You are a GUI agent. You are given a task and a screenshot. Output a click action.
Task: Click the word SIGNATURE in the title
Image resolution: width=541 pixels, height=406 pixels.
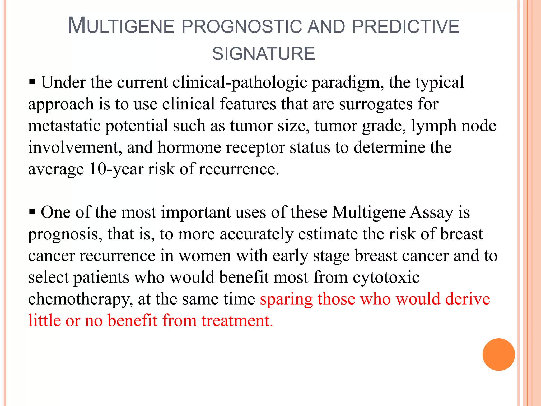point(264,54)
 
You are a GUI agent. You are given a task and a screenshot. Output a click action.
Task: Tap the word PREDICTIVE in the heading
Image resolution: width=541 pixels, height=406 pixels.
point(406,27)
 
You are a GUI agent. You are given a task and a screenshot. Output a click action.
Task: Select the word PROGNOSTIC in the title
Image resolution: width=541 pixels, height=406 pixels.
point(242,27)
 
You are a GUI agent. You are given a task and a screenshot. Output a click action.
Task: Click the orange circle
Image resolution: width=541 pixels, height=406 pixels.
point(498,354)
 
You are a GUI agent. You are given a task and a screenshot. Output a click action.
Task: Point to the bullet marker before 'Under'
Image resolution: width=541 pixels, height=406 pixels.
point(32,82)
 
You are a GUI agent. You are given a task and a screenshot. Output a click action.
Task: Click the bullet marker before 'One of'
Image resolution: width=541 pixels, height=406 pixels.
point(32,211)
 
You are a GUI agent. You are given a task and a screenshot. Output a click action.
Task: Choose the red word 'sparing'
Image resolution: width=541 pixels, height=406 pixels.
point(286,300)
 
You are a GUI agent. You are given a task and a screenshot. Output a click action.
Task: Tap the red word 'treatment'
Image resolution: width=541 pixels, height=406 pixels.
point(236,321)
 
